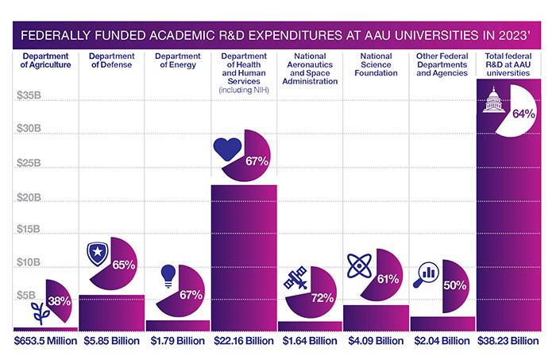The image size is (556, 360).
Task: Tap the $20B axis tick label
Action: pyautogui.click(x=29, y=196)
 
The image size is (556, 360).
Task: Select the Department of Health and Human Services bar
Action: pyautogui.click(x=243, y=254)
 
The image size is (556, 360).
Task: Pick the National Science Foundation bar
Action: pyautogui.click(x=376, y=316)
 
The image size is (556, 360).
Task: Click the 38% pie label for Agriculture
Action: pyautogui.click(x=60, y=301)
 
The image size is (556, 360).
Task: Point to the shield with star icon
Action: pyautogui.click(x=98, y=255)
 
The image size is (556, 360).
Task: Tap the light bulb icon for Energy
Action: pyautogui.click(x=168, y=274)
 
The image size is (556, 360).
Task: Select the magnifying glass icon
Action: pyautogui.click(x=427, y=273)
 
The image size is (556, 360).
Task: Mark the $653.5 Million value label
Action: pyautogui.click(x=46, y=342)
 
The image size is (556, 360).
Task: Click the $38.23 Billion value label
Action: pyautogui.click(x=508, y=342)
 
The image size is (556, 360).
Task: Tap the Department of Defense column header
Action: pyautogui.click(x=111, y=60)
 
